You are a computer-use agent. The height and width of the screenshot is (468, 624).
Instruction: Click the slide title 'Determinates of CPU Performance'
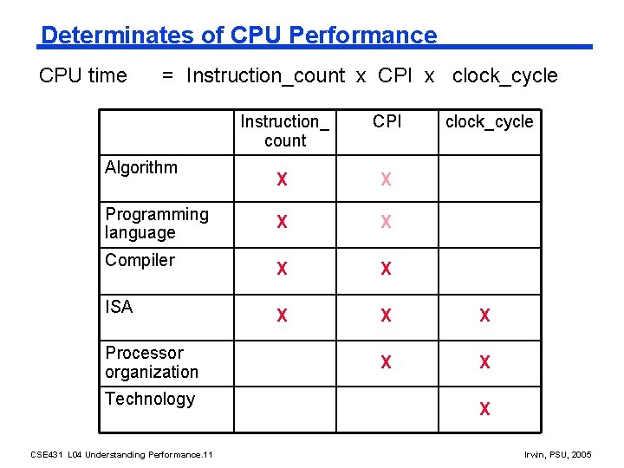coord(239,36)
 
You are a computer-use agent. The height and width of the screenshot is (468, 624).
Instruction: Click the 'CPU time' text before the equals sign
coord(83,76)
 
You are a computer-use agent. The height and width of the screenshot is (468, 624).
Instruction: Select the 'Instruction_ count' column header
coord(285,131)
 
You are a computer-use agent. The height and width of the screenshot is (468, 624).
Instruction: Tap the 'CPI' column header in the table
coord(387,122)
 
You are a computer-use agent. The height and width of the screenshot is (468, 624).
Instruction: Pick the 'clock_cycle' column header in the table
coord(489,122)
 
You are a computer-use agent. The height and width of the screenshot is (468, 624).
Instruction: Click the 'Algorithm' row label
coord(141,168)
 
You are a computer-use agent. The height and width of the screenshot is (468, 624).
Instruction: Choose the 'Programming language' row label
coord(157,224)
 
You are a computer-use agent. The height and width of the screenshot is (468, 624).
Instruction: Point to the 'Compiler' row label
coord(140,261)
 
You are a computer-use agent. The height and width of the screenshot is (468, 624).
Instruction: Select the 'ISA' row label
coord(119,307)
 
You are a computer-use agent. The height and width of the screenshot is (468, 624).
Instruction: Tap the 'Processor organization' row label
coord(152,362)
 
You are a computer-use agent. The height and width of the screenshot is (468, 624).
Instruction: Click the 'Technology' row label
coord(150,400)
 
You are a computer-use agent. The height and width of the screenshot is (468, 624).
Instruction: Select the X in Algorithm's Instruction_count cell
coord(282,180)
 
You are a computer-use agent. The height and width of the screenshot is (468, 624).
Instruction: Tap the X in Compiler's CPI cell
coord(386,270)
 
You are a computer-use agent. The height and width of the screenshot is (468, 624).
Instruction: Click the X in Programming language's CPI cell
coord(386,223)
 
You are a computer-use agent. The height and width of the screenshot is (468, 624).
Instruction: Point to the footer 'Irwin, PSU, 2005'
coord(559,455)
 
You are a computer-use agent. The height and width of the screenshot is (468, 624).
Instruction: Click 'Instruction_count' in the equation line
coord(265,76)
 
